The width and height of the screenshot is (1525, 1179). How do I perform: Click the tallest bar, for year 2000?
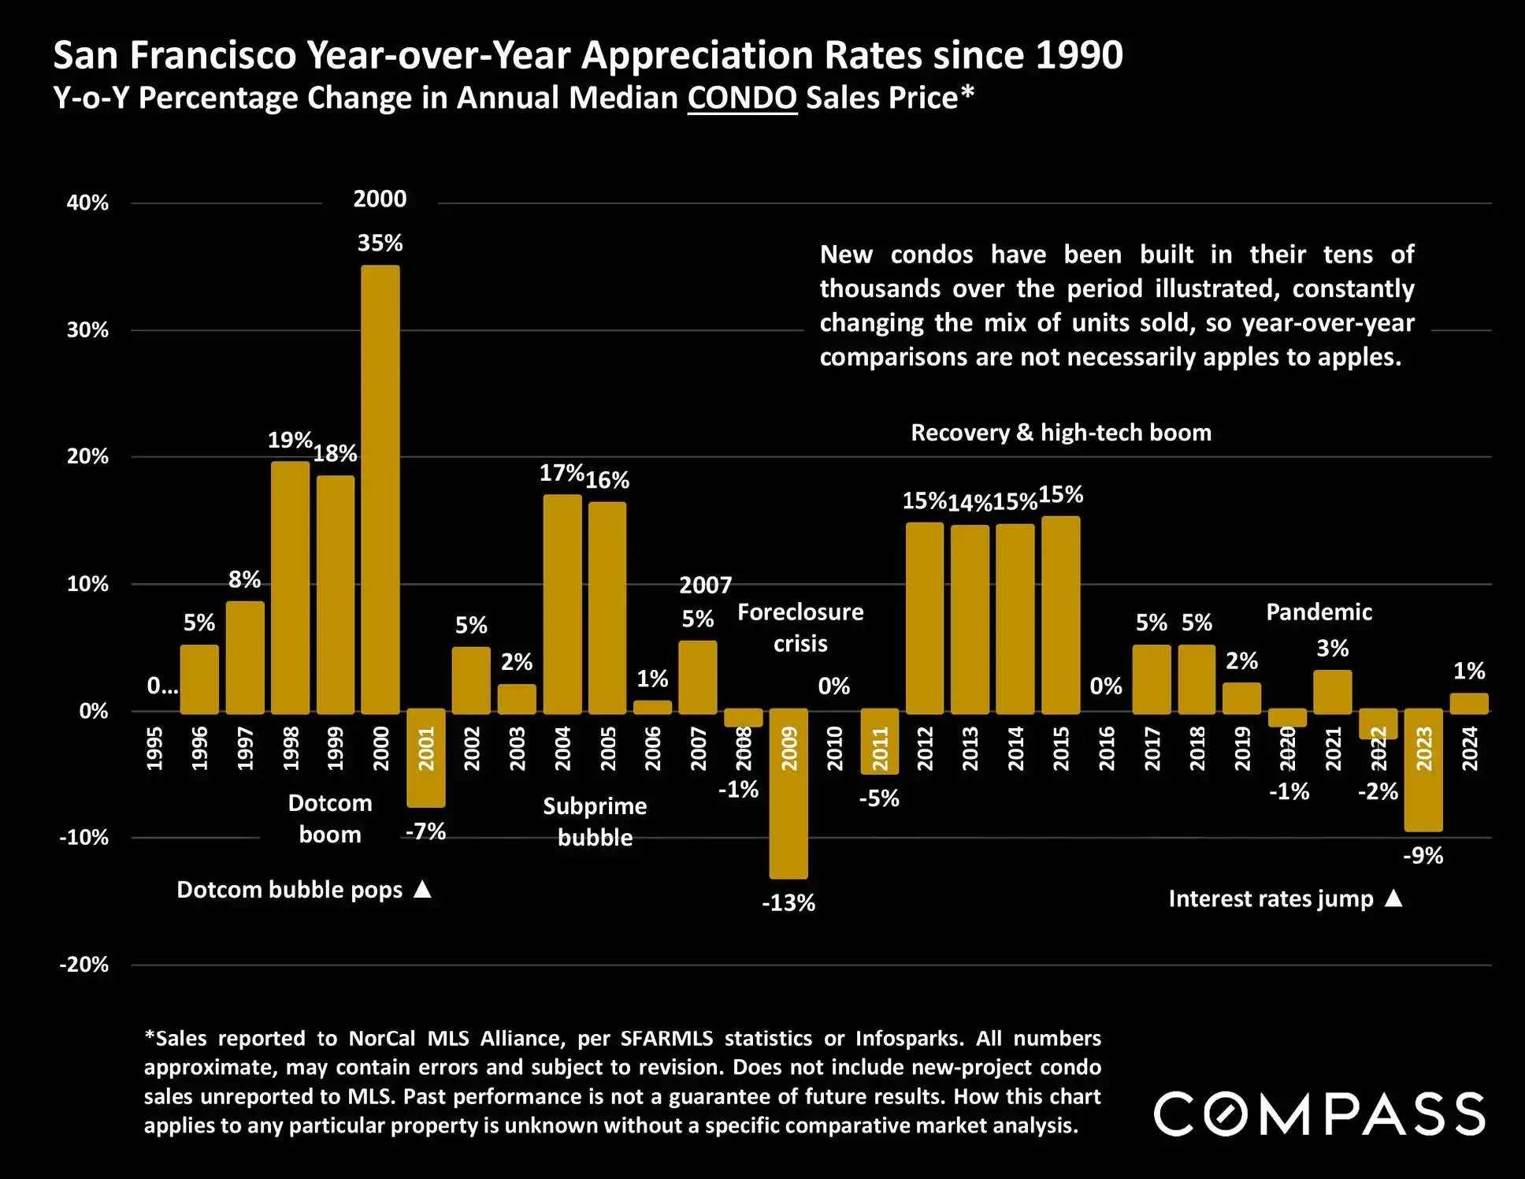(380, 489)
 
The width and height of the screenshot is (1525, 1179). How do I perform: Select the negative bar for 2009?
(788, 793)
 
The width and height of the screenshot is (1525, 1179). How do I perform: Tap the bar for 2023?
(1423, 770)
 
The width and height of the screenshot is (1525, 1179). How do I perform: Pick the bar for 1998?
(290, 587)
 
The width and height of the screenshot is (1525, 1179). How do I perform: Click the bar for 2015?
(1060, 615)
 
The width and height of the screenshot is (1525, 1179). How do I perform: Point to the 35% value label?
(380, 243)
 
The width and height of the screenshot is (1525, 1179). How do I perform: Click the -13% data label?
(788, 903)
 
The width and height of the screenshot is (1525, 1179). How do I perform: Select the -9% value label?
(1423, 856)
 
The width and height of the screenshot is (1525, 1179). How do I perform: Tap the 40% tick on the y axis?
(87, 203)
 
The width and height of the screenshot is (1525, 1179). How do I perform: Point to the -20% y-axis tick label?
(84, 965)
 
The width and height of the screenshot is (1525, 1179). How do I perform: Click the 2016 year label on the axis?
(1106, 748)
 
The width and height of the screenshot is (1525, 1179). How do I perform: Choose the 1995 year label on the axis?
(154, 748)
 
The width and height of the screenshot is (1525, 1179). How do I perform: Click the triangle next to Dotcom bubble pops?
(423, 890)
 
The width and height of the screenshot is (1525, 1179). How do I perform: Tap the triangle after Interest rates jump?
(1393, 898)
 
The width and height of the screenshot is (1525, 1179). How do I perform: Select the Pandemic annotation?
(1319, 612)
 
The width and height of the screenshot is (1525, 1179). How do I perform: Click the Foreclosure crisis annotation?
(800, 627)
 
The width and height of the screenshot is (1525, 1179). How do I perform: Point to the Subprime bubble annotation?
(595, 821)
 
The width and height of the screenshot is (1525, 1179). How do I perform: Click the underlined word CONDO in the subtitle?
(742, 98)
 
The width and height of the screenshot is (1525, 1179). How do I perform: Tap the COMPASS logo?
(1319, 1114)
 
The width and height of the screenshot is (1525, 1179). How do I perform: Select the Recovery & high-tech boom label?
(1061, 433)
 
